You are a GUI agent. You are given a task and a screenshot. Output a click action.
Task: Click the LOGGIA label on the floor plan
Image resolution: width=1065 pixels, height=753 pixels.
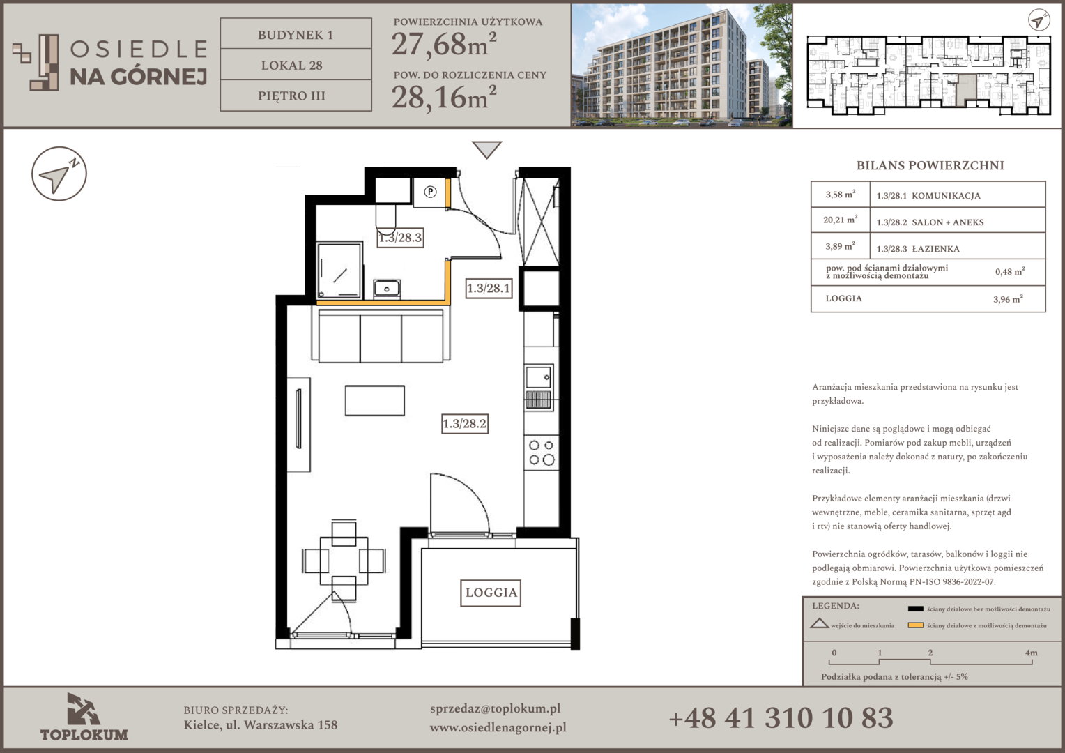point(491,593)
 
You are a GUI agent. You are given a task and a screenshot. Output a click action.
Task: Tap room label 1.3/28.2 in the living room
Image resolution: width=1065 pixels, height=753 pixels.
point(464,423)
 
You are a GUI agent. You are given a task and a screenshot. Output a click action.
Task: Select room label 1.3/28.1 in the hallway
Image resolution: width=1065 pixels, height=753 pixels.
point(489,288)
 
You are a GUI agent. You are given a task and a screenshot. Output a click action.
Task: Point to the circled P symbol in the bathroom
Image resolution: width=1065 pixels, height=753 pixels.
point(430,192)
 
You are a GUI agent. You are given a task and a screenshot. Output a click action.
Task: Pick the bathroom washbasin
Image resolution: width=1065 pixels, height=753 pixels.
point(387,288)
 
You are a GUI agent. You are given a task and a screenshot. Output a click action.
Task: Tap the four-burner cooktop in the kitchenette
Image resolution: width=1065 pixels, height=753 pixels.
point(542,453)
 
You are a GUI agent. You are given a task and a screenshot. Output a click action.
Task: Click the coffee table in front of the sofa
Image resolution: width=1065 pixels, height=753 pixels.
point(375,400)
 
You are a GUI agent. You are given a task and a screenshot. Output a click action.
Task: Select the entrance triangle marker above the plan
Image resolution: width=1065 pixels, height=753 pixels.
point(487,149)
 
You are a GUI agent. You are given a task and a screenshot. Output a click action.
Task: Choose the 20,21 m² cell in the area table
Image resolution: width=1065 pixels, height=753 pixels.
point(840,220)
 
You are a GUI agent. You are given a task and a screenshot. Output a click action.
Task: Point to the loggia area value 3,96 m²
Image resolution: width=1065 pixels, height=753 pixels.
point(1008,299)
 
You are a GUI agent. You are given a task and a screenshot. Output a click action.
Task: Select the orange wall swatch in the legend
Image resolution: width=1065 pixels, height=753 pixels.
point(915,625)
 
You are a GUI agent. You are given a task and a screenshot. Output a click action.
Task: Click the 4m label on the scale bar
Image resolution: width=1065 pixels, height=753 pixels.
point(1031,653)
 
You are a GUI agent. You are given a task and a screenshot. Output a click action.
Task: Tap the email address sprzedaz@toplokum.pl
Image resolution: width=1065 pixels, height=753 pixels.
point(495,709)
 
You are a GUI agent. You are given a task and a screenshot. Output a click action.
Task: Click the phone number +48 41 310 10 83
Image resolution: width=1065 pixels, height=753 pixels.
point(781,717)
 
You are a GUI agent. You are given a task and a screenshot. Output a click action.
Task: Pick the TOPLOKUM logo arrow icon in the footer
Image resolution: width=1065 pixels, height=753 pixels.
point(84,709)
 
